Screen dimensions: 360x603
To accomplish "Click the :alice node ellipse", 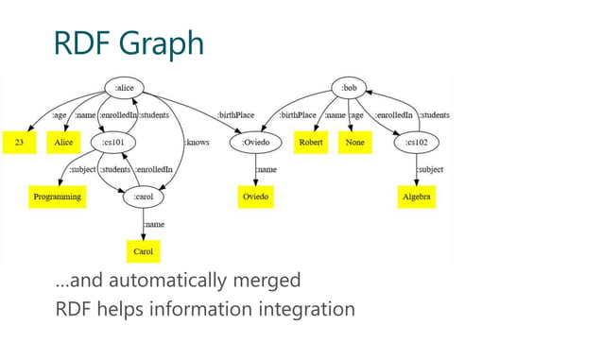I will [124, 88].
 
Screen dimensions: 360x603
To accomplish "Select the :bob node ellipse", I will [350, 88].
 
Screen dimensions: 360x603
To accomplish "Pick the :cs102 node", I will [417, 143].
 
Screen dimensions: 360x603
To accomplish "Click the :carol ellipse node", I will [143, 197].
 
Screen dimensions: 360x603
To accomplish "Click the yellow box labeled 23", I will [19, 143].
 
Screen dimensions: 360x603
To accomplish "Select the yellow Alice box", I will [63, 143].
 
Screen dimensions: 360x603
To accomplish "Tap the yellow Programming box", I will [54, 197].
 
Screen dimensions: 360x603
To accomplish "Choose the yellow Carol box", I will [143, 252].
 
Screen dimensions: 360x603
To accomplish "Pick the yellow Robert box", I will [311, 143].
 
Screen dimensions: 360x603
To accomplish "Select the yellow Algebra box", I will [417, 197].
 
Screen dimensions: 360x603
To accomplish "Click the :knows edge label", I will [197, 143].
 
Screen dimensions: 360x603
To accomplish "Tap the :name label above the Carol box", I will [154, 225].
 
